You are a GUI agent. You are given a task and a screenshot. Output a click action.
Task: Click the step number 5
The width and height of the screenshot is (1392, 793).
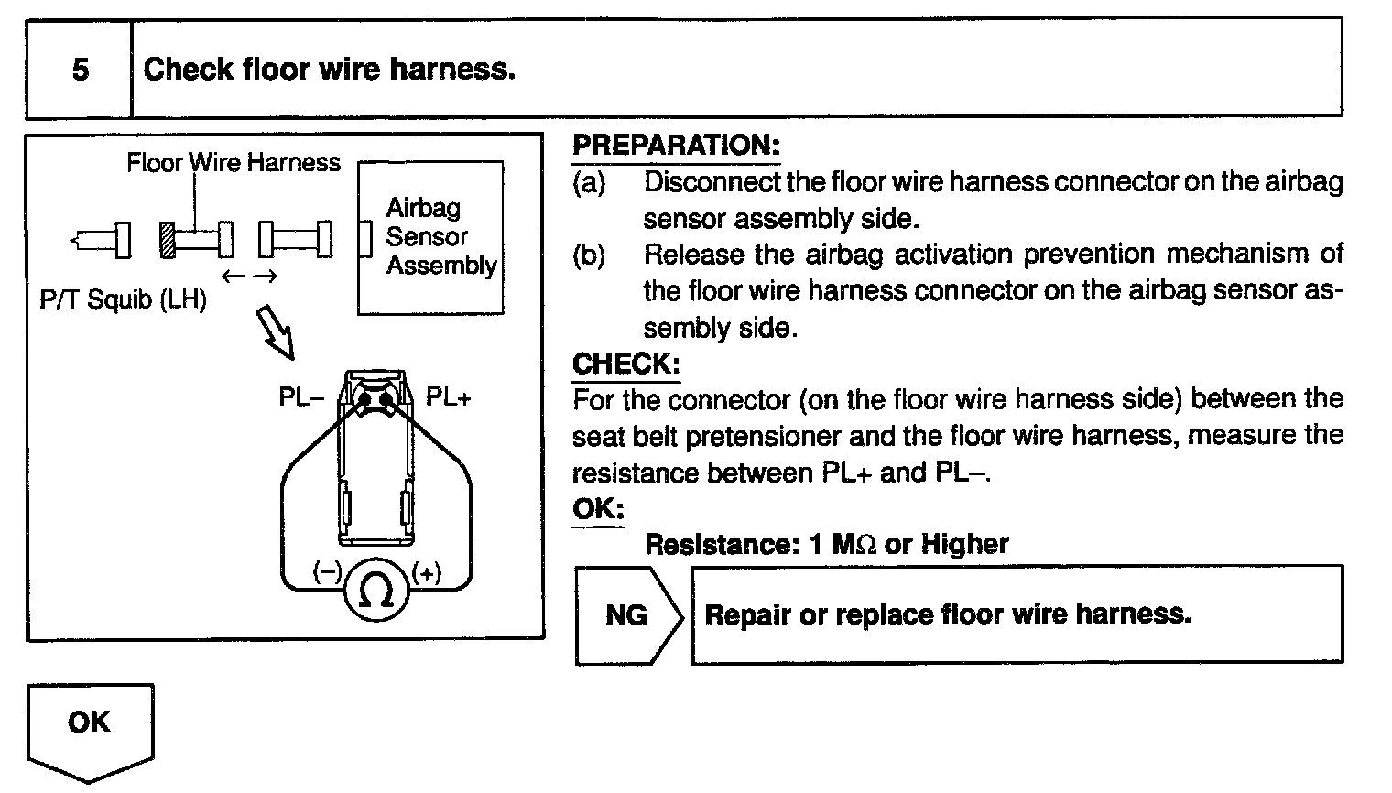(x=80, y=70)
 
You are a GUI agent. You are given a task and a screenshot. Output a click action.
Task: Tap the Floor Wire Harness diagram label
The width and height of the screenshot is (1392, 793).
(x=233, y=163)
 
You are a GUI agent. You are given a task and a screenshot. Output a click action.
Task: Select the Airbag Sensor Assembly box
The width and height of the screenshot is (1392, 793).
(x=430, y=237)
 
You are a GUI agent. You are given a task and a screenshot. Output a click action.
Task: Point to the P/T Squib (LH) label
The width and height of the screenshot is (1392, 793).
(x=123, y=299)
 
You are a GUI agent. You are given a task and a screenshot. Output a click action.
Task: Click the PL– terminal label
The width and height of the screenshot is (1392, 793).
(x=301, y=397)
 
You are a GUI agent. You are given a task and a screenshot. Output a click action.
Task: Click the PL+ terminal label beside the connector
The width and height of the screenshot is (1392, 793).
(x=448, y=397)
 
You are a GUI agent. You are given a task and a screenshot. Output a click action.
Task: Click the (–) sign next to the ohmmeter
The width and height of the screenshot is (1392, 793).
(x=327, y=573)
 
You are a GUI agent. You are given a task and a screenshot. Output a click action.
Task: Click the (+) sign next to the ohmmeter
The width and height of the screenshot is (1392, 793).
(x=426, y=573)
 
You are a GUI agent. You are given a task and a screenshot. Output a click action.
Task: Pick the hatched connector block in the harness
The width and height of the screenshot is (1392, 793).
(x=167, y=240)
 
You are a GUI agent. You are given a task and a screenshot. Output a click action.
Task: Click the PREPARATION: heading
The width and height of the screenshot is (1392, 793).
(x=676, y=145)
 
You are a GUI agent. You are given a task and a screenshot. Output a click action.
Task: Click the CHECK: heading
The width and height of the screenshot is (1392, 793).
(x=625, y=364)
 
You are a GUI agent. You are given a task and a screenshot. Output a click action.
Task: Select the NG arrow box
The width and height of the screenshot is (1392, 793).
(x=628, y=614)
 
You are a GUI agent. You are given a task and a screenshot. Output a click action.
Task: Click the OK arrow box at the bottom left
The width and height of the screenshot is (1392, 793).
(x=90, y=728)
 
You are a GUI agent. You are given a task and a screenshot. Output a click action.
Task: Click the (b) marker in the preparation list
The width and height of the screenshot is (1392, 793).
(x=589, y=255)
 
